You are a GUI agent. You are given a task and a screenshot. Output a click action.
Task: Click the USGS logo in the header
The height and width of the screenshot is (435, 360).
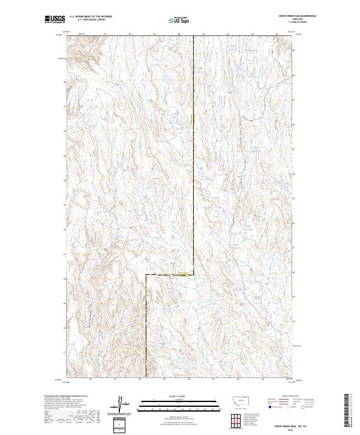click(55, 19)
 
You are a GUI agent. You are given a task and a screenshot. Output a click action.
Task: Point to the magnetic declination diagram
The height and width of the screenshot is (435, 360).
click(119, 408)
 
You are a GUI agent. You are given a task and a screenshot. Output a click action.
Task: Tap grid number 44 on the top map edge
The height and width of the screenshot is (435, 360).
click(278, 34)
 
